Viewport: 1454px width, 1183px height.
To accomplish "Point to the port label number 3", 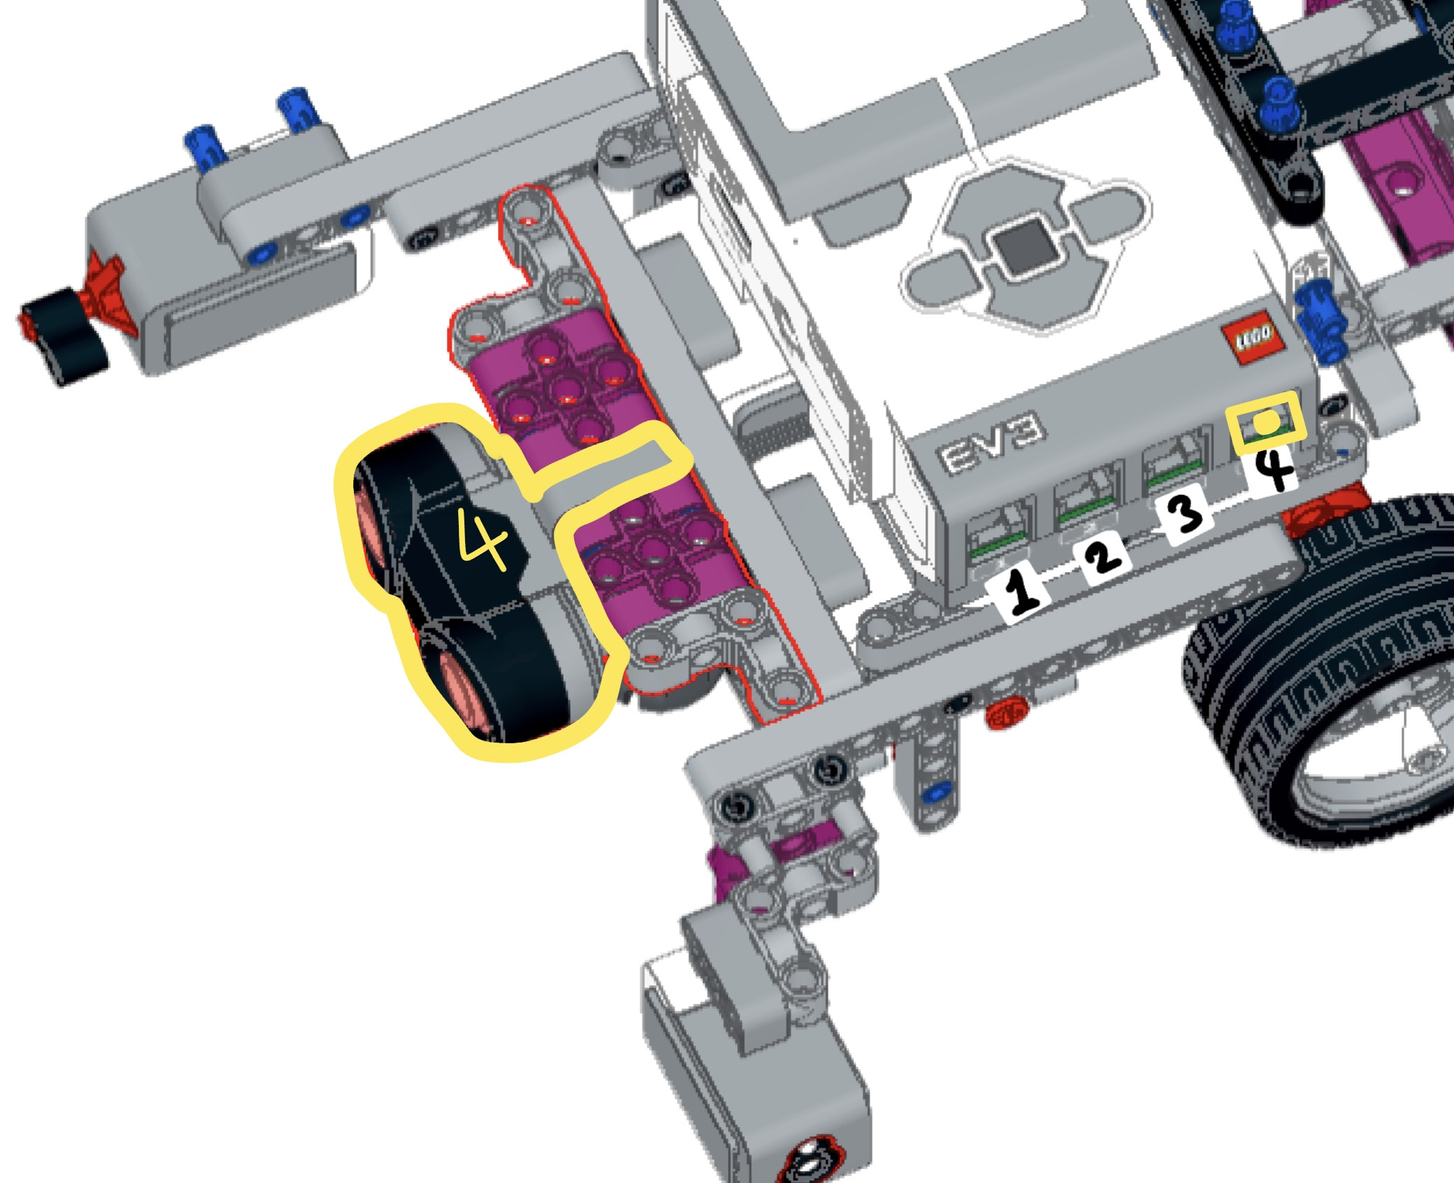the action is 1185,514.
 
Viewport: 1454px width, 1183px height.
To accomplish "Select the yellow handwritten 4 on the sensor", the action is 483,538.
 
